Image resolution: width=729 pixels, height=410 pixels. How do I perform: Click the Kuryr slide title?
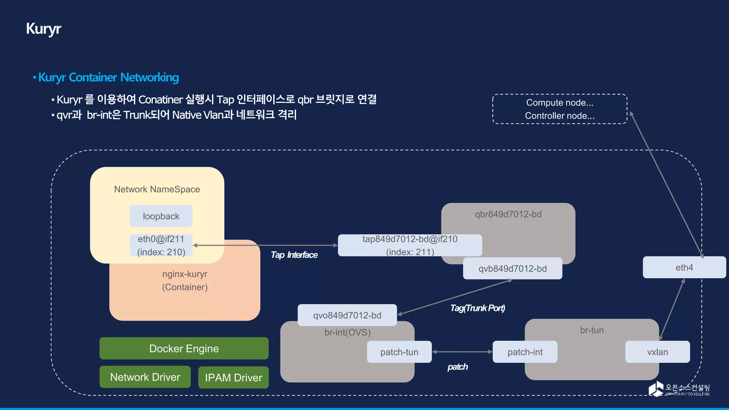coord(43,29)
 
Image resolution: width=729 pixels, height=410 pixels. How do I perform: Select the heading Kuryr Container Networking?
coord(108,77)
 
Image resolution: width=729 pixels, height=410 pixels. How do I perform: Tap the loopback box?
coord(161,216)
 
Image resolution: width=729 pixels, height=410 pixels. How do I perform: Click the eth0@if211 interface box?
coord(161,245)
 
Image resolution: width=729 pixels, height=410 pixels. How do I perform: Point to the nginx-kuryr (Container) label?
coord(185,280)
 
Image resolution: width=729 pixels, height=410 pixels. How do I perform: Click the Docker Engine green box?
coord(184,348)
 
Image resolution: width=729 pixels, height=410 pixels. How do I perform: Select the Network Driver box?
coord(145,377)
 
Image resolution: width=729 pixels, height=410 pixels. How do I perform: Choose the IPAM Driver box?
coord(233,378)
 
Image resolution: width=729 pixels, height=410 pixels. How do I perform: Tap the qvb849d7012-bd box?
coord(512,269)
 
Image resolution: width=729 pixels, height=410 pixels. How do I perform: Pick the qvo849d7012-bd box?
coord(347,315)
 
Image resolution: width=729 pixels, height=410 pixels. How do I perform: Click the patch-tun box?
coord(399,352)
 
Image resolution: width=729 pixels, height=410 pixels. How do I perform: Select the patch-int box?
coord(525,352)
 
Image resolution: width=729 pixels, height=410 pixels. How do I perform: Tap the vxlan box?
coord(657,352)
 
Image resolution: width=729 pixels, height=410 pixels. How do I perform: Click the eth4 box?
coord(684,267)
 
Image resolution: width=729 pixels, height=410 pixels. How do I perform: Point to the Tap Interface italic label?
coord(294,255)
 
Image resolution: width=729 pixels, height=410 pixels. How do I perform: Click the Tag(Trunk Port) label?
coord(477,308)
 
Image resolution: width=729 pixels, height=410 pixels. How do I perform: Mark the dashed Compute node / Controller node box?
coord(559,109)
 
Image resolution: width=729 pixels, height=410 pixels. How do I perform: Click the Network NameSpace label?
coord(157,189)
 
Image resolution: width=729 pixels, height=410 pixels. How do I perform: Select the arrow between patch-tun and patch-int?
coord(462,352)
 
